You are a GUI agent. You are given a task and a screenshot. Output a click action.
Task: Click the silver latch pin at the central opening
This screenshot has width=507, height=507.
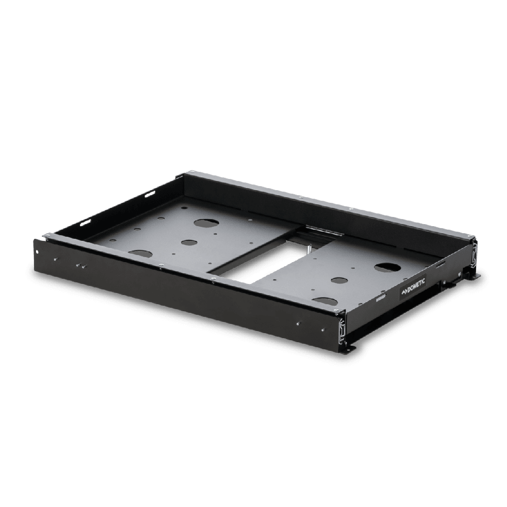pyautogui.click(x=309, y=249)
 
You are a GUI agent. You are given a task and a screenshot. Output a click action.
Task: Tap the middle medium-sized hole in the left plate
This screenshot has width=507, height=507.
pyautogui.click(x=190, y=242)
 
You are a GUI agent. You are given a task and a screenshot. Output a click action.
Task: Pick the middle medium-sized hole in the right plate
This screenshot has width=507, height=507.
pyautogui.click(x=339, y=280)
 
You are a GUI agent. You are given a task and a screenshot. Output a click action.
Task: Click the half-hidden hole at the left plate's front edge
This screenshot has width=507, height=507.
pyautogui.click(x=140, y=253)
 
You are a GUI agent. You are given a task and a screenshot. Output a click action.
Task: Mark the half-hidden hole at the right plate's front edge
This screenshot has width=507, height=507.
pyautogui.click(x=325, y=301)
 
